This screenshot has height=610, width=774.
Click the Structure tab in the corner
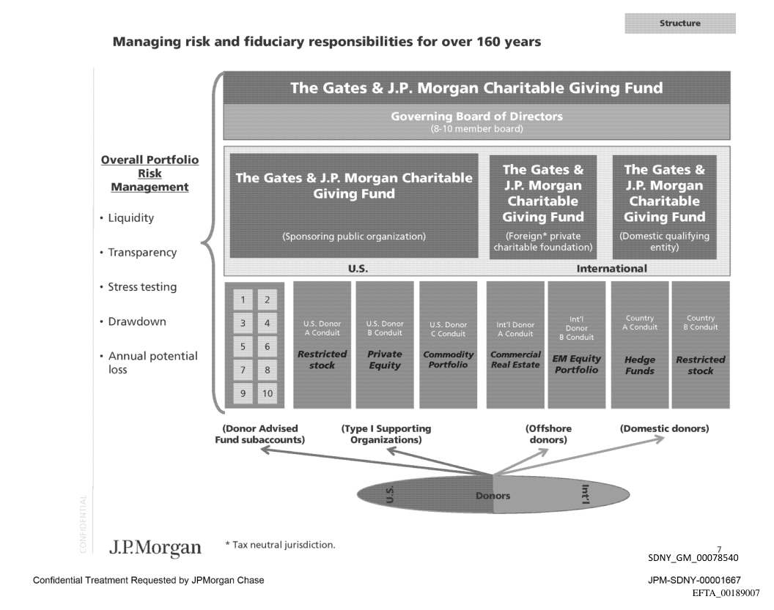[679, 23]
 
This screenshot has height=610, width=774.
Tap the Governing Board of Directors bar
[476, 122]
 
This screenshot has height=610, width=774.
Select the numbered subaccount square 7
[242, 370]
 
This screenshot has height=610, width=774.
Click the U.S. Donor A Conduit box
[322, 344]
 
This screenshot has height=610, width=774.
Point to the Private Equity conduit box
[384, 344]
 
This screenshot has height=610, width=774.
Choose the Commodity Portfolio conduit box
[447, 344]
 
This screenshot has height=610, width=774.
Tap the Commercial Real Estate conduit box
[515, 344]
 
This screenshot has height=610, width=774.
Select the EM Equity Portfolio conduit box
[575, 344]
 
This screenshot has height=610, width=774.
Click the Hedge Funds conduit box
[640, 344]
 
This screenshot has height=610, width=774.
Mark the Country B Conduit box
[700, 344]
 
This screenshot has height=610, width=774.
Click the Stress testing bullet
[142, 287]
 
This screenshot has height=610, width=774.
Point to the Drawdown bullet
[137, 321]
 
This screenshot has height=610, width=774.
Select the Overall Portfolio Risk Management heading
[150, 174]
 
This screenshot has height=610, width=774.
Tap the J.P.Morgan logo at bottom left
[155, 547]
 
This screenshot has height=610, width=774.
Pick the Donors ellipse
[492, 496]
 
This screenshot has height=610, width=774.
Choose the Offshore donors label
[548, 434]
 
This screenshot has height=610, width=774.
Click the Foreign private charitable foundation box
[542, 206]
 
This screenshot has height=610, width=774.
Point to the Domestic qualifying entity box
[664, 206]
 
